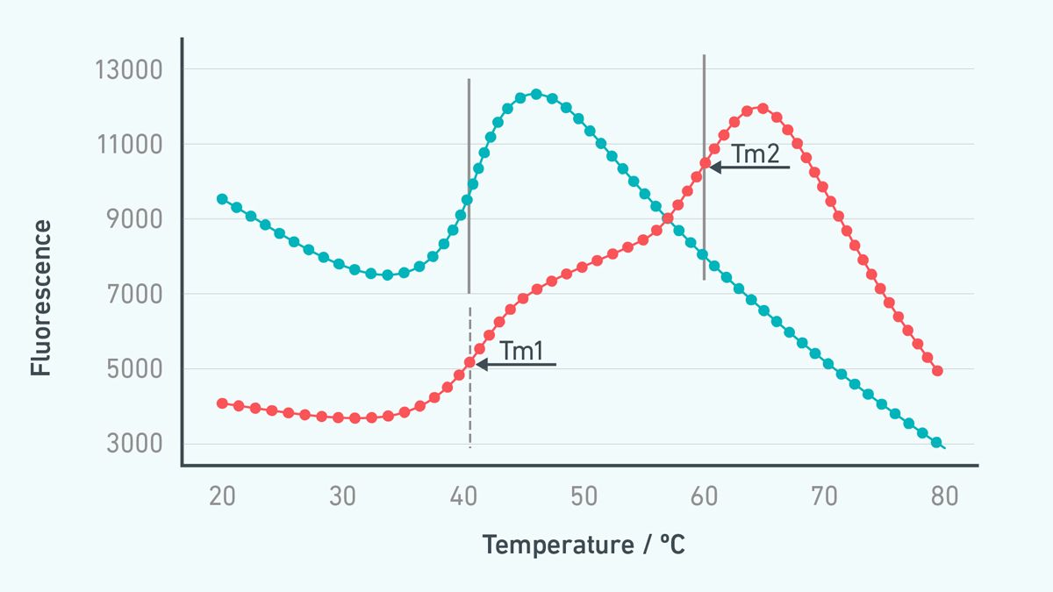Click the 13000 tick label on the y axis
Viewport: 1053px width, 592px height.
pos(128,69)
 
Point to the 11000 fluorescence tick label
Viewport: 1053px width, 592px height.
pos(128,144)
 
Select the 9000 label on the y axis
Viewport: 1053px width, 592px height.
pos(133,219)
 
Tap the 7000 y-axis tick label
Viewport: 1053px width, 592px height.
pos(133,294)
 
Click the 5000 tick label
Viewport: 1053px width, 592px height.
pos(133,368)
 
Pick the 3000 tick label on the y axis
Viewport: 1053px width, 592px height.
pos(133,443)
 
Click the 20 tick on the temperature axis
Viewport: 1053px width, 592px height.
pos(222,496)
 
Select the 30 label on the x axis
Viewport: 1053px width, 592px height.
pos(342,496)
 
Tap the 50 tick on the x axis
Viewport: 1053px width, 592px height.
pos(584,496)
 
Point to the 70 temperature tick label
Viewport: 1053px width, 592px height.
pos(824,496)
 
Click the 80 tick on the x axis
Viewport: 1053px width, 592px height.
pos(944,496)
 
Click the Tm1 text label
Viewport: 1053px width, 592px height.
pos(522,351)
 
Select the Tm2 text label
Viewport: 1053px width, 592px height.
pos(756,154)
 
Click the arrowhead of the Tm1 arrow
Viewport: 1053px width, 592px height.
pos(481,363)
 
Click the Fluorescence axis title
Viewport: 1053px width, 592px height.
pos(41,298)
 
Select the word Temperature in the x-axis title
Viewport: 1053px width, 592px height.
pos(554,545)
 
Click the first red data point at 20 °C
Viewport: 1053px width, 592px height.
pos(222,403)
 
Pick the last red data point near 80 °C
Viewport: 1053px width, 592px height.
pos(937,371)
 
